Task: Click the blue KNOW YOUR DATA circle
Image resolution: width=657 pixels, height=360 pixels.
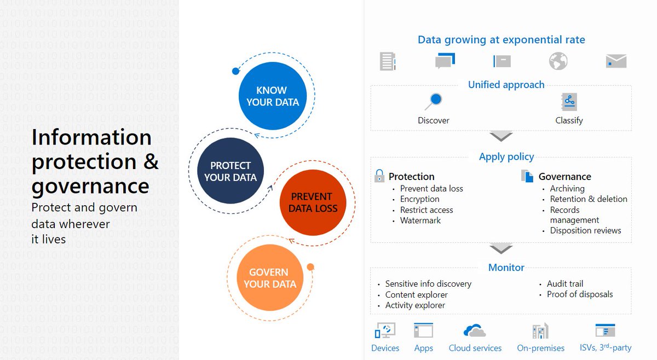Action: point(273,96)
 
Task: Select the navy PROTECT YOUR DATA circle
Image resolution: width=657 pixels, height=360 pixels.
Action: point(230,171)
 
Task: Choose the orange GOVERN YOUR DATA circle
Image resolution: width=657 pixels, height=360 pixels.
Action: point(270,278)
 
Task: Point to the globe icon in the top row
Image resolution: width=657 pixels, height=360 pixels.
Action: point(558,61)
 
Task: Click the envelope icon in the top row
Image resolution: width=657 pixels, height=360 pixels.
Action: point(616,61)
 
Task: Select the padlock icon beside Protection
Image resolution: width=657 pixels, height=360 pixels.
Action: point(379,176)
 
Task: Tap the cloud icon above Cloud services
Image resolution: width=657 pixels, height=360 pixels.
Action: point(475,331)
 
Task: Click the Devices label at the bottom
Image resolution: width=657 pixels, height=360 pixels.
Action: point(385,348)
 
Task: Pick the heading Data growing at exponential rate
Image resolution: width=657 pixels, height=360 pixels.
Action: point(501,40)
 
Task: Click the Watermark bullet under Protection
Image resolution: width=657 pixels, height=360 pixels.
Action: point(420,220)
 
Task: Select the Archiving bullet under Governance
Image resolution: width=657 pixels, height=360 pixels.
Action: point(567,189)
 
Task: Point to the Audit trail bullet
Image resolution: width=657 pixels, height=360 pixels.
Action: point(565,284)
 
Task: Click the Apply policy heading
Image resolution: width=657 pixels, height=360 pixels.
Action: point(506,157)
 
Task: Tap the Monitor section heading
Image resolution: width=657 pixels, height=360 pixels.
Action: point(506,268)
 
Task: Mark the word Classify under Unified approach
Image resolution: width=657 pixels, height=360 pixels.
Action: point(569,120)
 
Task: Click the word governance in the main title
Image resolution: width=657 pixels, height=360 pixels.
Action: point(90,186)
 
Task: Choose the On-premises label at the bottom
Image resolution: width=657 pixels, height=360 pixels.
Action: point(540,348)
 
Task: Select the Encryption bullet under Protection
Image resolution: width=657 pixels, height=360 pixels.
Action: point(420,199)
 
